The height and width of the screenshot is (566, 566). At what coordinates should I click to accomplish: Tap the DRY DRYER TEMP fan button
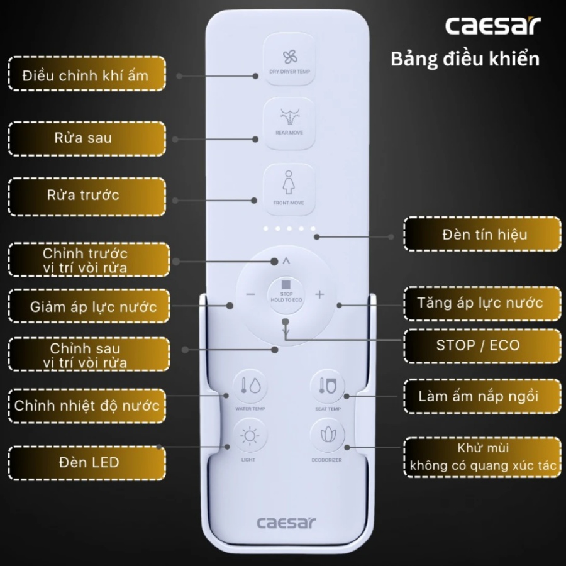point(289,60)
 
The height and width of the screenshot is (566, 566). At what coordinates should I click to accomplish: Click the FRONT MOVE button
point(289,189)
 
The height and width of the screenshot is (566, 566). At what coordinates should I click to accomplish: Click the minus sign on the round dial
point(250,294)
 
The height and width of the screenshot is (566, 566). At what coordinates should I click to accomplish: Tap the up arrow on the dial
point(286,260)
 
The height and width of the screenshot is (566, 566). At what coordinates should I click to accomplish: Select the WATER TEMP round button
point(250,386)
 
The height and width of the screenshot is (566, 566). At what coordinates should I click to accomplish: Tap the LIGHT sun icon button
point(249,436)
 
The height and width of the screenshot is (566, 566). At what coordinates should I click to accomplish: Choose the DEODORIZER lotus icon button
point(328,435)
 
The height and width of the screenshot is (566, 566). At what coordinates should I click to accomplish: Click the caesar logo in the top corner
point(492,26)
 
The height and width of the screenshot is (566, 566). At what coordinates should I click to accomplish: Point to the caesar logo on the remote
point(286,523)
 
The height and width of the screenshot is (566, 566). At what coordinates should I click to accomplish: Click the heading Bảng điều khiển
point(465,59)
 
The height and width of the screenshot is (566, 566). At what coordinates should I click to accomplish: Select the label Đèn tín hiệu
point(485,235)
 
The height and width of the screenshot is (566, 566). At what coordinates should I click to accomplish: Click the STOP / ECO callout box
point(482,346)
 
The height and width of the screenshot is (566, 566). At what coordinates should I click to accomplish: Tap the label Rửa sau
point(83,138)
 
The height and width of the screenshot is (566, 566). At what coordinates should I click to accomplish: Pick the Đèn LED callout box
point(87,463)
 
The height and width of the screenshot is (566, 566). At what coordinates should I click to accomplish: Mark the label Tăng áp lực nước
point(480,302)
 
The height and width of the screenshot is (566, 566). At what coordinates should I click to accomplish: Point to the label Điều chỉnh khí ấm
point(85,76)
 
